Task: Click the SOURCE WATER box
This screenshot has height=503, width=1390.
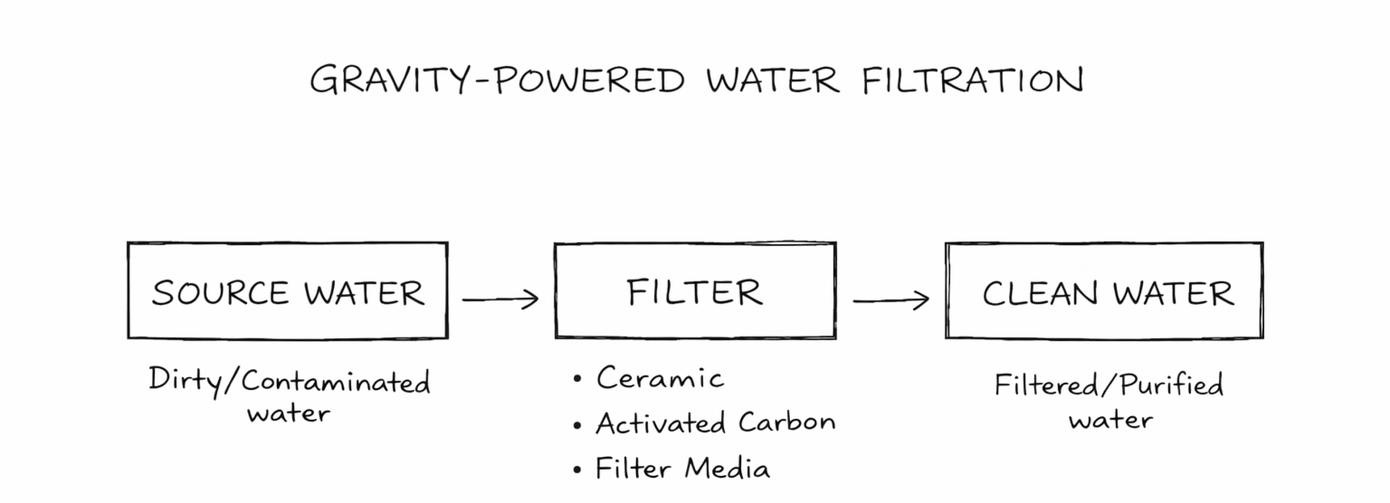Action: pyautogui.click(x=288, y=324)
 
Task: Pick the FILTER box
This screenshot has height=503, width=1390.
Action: pyautogui.click(x=695, y=324)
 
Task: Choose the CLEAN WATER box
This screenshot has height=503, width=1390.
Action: pyautogui.click(x=1104, y=324)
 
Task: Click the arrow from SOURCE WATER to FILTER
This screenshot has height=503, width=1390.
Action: pyautogui.click(x=500, y=299)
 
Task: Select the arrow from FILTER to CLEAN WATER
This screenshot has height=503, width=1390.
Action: pyautogui.click(x=891, y=300)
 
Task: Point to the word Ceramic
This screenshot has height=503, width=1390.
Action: pyautogui.click(x=659, y=378)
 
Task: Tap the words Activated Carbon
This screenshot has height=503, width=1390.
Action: pyautogui.click(x=715, y=423)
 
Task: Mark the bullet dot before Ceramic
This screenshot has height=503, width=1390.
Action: pyautogui.click(x=577, y=379)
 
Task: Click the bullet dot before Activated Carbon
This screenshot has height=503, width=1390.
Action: pyautogui.click(x=577, y=425)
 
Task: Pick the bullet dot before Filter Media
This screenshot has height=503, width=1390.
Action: pyautogui.click(x=577, y=470)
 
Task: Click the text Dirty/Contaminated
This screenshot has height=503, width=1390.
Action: pyautogui.click(x=289, y=381)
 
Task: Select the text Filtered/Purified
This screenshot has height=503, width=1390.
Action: pyautogui.click(x=1109, y=385)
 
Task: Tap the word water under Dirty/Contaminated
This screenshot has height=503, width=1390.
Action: pyautogui.click(x=289, y=414)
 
